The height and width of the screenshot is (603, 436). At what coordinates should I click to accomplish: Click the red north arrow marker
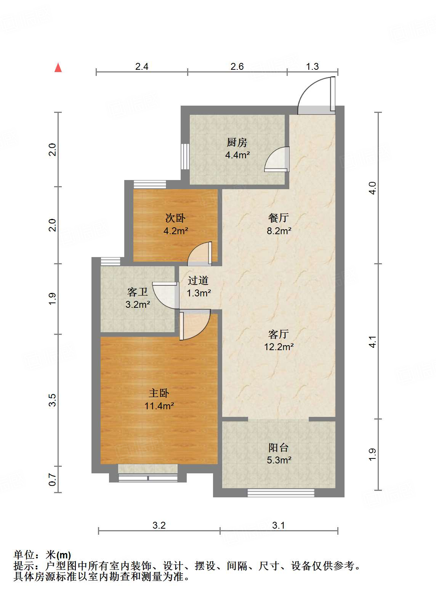click(x=58, y=68)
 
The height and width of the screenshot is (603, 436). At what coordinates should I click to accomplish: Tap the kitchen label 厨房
click(x=237, y=142)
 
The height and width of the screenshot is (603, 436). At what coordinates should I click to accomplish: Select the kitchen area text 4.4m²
click(x=237, y=155)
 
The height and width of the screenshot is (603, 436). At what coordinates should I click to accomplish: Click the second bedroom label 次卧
click(x=175, y=218)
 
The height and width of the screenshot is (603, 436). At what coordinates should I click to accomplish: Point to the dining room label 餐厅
click(x=279, y=218)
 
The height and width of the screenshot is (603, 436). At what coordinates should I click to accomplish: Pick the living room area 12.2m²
click(x=279, y=347)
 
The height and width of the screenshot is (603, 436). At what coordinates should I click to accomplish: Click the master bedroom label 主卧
click(x=159, y=393)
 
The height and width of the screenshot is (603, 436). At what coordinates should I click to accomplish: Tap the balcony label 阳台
click(x=279, y=448)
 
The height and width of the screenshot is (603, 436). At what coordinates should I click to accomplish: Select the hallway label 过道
click(x=198, y=280)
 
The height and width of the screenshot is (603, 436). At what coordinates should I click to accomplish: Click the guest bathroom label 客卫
click(x=138, y=292)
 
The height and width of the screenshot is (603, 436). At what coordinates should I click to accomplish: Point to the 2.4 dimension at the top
click(x=142, y=66)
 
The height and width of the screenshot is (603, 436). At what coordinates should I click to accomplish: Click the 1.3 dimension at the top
click(x=312, y=66)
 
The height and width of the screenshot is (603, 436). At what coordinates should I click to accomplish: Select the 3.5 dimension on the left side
click(x=52, y=400)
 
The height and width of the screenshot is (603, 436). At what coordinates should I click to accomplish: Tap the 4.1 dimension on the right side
click(x=372, y=342)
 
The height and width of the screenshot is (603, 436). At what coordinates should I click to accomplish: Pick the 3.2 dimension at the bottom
click(x=159, y=525)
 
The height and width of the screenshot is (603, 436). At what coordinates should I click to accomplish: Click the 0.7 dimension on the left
click(x=52, y=480)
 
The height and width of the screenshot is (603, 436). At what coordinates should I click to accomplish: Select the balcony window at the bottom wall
click(x=281, y=493)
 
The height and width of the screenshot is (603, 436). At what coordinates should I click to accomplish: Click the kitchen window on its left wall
click(x=185, y=156)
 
